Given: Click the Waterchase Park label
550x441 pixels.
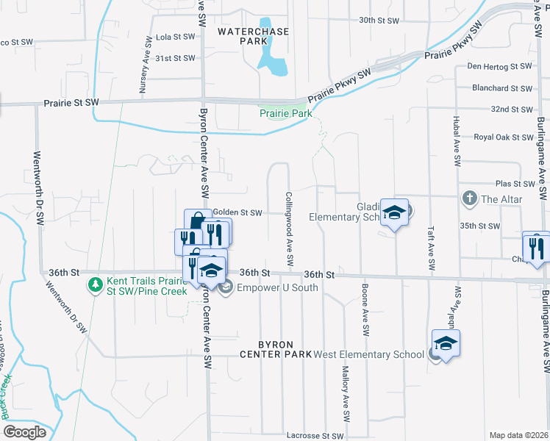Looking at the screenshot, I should [x=254, y=37].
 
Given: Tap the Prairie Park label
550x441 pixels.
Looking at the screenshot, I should [x=285, y=113].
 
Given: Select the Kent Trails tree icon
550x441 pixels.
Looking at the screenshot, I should [x=94, y=283].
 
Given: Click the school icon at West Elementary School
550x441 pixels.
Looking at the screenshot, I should [x=446, y=344].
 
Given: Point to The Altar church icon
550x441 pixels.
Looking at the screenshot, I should [x=469, y=199].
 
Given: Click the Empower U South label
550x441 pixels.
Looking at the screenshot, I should [x=278, y=287].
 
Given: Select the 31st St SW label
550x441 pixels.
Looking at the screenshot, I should [x=175, y=58].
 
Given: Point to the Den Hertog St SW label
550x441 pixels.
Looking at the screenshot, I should [x=499, y=67].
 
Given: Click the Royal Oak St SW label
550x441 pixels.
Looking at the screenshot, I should [x=503, y=137].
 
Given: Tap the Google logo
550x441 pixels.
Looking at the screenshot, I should [x=24, y=431].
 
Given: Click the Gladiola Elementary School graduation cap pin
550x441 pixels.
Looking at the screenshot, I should [x=394, y=214].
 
